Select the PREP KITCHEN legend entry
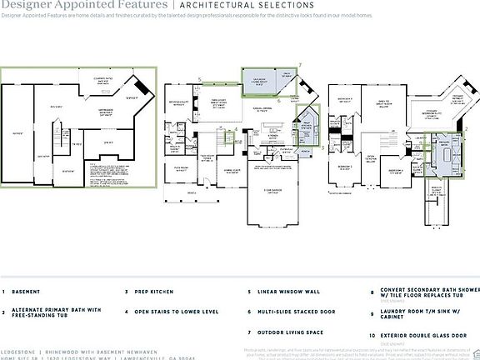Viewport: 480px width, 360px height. (x=152, y=292)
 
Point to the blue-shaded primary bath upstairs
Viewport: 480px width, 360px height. (x=442, y=155)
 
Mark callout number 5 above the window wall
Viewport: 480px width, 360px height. (x=201, y=80)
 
